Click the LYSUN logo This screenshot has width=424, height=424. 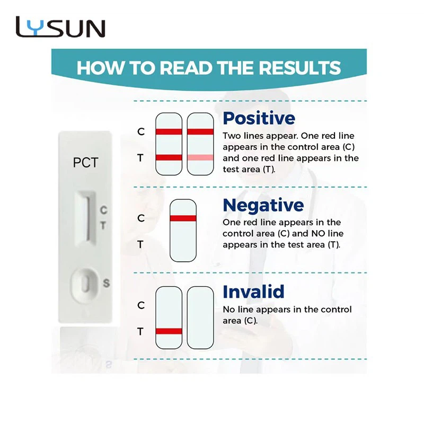pyautogui.click(x=60, y=27)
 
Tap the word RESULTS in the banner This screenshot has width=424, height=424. pyautogui.click(x=300, y=68)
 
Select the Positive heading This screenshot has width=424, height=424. pyautogui.click(x=259, y=119)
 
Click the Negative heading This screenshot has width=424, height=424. pyautogui.click(x=263, y=206)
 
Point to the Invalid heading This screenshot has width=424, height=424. pyautogui.click(x=253, y=291)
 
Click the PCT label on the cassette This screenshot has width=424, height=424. pyautogui.click(x=85, y=163)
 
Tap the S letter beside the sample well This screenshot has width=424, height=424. pyautogui.click(x=107, y=283)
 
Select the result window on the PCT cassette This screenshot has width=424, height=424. pyautogui.click(x=86, y=218)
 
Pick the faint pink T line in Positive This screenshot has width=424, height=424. pyautogui.click(x=200, y=157)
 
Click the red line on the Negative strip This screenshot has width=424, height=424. pyautogui.click(x=183, y=218)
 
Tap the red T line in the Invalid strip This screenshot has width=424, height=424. pyautogui.click(x=169, y=331)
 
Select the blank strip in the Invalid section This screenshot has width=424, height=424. pyautogui.click(x=200, y=317)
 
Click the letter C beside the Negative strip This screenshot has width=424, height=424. pyautogui.click(x=141, y=218)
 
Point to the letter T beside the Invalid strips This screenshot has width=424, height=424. pyautogui.click(x=140, y=331)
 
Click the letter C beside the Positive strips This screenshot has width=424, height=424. pyautogui.click(x=141, y=131)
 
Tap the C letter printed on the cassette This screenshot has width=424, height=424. pyautogui.click(x=103, y=210)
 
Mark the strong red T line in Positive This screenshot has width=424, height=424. pyautogui.click(x=169, y=157)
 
